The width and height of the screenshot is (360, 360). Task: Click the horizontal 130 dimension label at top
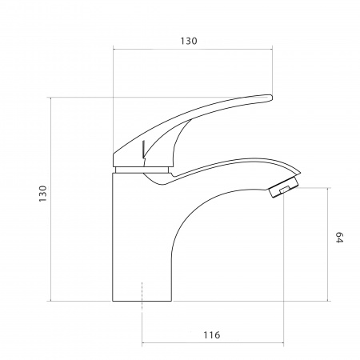pyautogui.click(x=189, y=41)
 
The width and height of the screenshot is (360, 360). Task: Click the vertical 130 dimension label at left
pyautogui.click(x=42, y=194)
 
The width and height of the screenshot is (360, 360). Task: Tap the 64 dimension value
pyautogui.click(x=339, y=238)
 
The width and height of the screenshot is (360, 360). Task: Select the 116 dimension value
pyautogui.click(x=212, y=335)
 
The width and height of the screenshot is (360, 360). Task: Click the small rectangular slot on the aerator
pyautogui.click(x=284, y=190)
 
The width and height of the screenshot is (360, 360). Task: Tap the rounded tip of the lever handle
pyautogui.click(x=270, y=98)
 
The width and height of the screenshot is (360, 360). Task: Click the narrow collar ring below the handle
pyautogui.click(x=142, y=170)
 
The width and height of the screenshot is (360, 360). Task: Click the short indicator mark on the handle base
pyautogui.click(x=143, y=149)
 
